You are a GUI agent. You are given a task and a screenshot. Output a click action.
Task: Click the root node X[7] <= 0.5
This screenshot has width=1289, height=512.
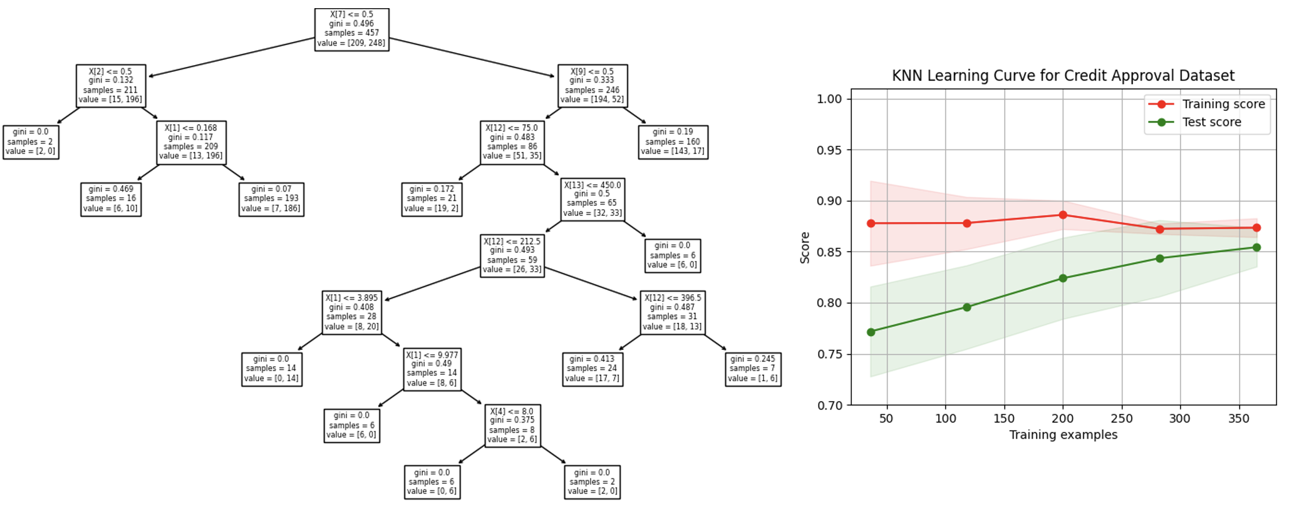point(351,29)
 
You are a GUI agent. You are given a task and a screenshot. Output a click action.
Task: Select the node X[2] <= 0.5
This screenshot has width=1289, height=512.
point(111,86)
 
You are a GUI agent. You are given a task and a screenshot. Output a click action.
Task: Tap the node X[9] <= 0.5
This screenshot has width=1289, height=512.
point(592,86)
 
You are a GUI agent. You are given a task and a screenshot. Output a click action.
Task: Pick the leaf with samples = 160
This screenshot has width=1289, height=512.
point(673,142)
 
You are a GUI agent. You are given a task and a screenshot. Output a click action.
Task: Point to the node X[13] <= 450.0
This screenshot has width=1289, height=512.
point(593,199)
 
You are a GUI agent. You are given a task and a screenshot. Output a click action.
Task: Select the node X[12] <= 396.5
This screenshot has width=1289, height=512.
point(673,312)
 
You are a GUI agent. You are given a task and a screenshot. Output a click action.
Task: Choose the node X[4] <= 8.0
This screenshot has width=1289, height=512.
point(512,426)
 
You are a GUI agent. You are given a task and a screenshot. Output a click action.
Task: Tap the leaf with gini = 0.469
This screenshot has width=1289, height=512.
point(111,199)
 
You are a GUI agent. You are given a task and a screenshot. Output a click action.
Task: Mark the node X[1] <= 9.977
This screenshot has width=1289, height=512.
point(432,369)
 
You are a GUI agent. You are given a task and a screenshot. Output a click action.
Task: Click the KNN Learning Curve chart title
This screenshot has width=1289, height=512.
point(1063,76)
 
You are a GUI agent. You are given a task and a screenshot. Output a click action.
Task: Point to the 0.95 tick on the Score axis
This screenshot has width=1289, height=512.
point(829,150)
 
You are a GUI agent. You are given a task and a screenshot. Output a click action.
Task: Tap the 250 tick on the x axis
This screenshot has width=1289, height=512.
point(1121,418)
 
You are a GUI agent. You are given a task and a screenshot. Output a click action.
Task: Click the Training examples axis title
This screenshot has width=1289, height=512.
point(1063,434)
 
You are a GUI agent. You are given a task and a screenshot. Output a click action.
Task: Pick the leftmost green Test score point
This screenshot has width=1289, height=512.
point(871,332)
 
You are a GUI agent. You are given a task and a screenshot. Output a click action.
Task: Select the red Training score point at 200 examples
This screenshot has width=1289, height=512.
point(1063,215)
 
